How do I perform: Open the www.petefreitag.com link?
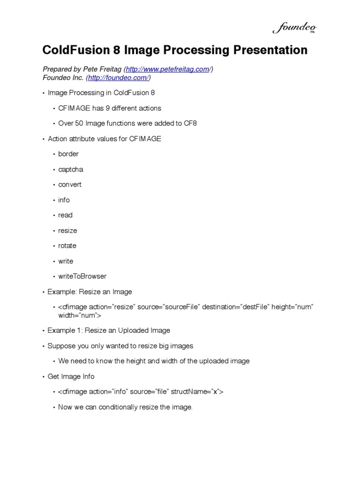coord(167,69)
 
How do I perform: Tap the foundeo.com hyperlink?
coord(118,77)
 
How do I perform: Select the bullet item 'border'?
coord(68,154)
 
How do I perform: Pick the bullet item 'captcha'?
coord(70,169)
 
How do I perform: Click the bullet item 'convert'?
coord(70,184)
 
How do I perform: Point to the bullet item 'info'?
coord(64,200)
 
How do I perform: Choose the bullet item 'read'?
coord(65,215)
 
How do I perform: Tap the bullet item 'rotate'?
coord(67,246)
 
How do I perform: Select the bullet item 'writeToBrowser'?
coord(82,276)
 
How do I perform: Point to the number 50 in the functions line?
coord(80,123)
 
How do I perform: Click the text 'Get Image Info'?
coord(71,376)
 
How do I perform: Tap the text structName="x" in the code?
coord(197,392)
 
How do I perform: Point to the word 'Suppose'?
coord(60,346)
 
